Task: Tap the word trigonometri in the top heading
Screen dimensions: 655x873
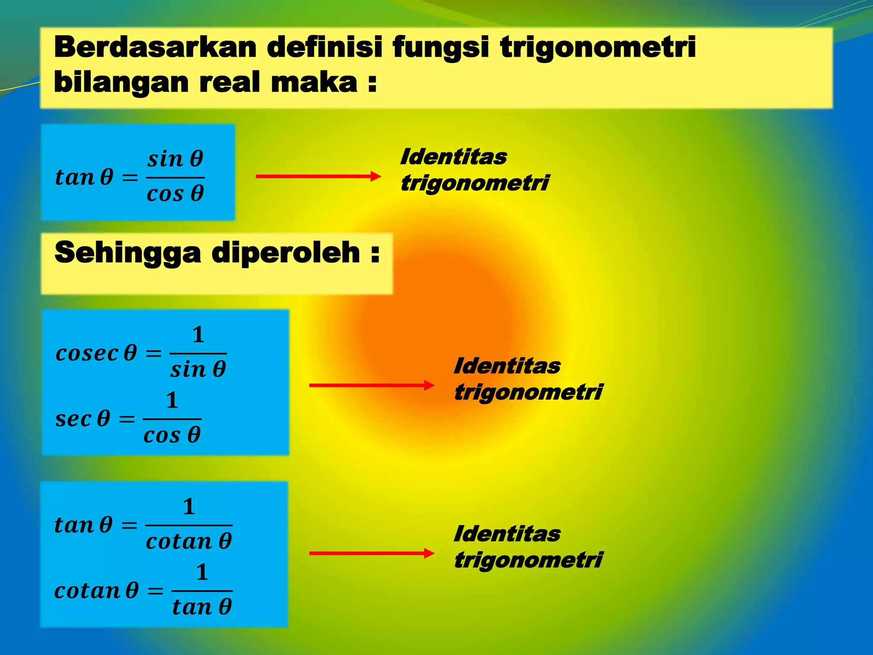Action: [x=598, y=48]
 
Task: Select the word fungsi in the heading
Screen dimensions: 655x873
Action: [x=440, y=48]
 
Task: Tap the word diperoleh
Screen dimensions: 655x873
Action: [x=286, y=252]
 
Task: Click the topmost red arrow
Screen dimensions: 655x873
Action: [x=318, y=176]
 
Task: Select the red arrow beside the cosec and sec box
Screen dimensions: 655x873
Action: [x=371, y=385]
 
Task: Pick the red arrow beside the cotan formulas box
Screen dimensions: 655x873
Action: [x=371, y=554]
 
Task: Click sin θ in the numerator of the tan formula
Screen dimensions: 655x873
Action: [x=175, y=159]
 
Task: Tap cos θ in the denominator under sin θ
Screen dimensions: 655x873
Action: [x=175, y=194]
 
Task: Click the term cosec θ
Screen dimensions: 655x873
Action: [x=96, y=353]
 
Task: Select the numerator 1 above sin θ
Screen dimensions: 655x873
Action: [x=198, y=334]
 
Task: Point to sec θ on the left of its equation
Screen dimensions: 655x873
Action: [x=83, y=419]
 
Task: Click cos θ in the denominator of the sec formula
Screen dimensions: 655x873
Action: [x=172, y=435]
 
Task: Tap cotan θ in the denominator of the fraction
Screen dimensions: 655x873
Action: [x=189, y=542]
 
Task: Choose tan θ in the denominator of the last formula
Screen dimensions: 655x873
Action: [x=202, y=607]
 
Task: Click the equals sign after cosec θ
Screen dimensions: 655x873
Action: [x=154, y=354]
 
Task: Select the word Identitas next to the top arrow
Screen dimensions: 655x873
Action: [x=454, y=157]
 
